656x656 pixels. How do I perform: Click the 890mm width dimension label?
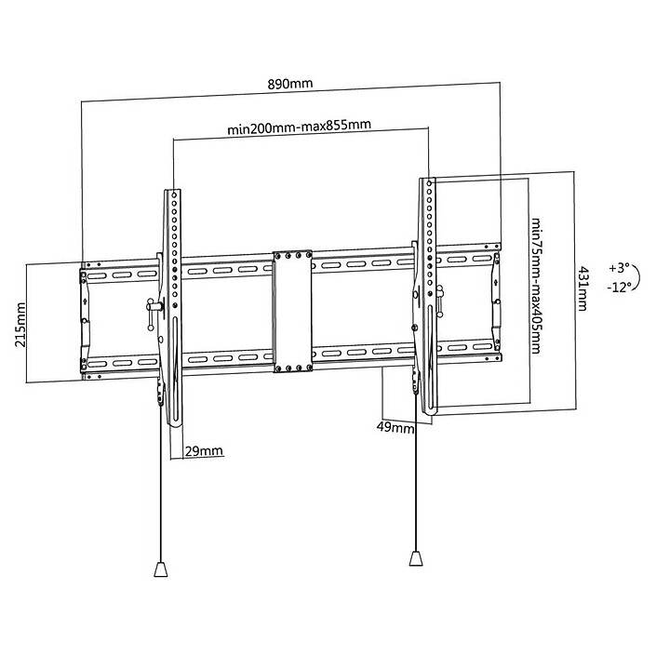(290, 85)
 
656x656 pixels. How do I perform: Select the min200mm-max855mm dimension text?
(300, 128)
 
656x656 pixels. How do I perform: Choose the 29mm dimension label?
(204, 451)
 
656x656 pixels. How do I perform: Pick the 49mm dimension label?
(396, 428)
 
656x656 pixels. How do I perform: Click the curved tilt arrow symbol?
(634, 277)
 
